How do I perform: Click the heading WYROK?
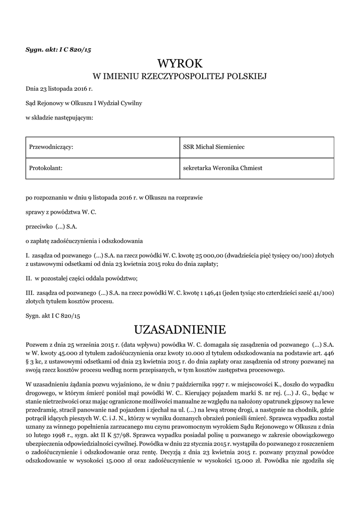(x=180, y=63)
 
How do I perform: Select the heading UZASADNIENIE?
(x=180, y=329)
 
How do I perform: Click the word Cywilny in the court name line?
(x=131, y=103)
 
